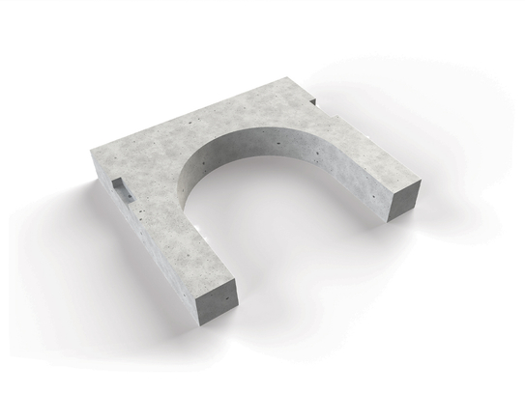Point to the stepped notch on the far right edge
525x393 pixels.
pos(314,99)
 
